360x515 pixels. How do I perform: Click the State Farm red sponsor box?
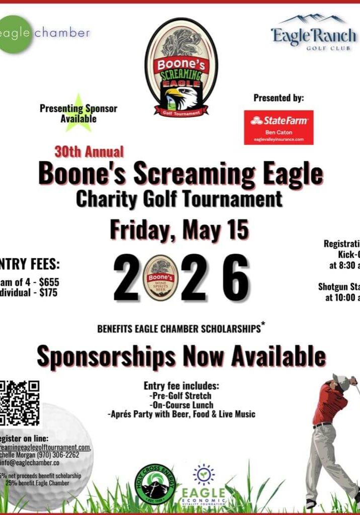[279, 127]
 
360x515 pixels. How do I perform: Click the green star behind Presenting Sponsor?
[78, 113]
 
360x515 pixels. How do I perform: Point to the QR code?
[19, 403]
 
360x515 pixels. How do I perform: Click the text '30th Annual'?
[89, 151]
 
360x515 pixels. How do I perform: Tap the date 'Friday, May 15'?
[179, 230]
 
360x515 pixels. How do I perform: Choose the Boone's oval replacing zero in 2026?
[161, 278]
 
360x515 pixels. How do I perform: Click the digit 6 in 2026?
[235, 278]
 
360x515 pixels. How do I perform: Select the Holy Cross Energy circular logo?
[155, 484]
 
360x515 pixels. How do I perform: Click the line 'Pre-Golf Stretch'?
[181, 395]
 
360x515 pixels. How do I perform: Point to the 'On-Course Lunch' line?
[182, 405]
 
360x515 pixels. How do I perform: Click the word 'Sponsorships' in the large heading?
[106, 357]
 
